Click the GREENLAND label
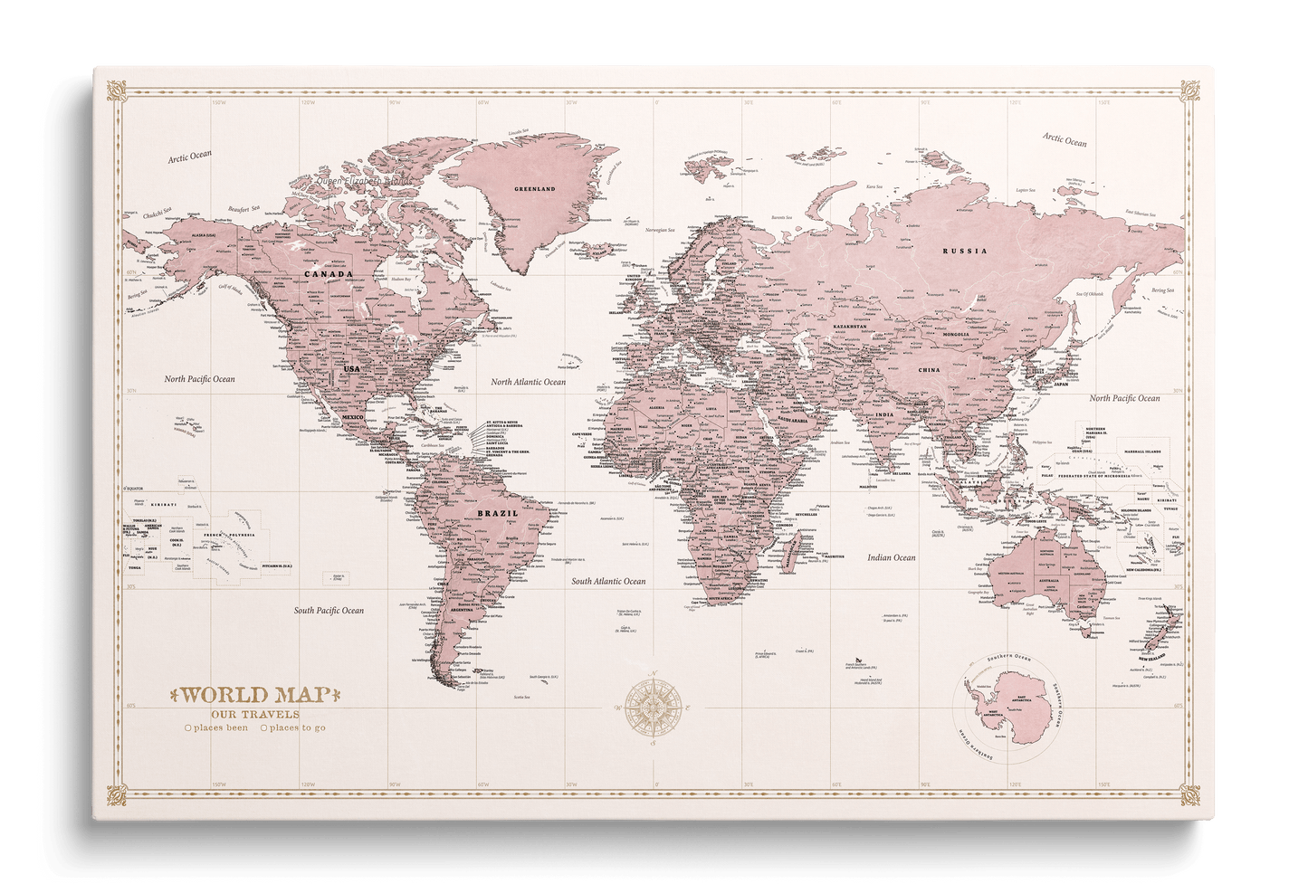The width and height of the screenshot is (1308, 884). [x=534, y=189]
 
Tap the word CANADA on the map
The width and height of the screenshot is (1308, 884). [x=328, y=273]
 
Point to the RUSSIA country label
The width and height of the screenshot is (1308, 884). [x=964, y=251]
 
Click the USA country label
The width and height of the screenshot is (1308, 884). [x=349, y=370]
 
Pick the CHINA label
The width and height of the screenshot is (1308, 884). [x=929, y=370]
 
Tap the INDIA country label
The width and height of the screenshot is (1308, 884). [x=884, y=415]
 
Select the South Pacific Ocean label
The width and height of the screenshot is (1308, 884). [x=329, y=611]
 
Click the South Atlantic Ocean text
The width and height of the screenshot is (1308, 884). [x=608, y=581]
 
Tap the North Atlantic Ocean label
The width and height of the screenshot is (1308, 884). [x=528, y=382]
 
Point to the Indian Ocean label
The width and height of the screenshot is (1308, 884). [x=891, y=558]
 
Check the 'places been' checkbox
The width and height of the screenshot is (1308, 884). [x=187, y=727]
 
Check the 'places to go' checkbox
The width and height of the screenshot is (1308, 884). [x=264, y=727]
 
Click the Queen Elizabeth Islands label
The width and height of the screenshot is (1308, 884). [x=362, y=181]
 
